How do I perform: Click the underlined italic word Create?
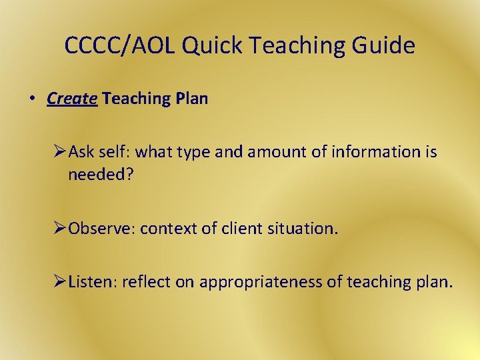73,99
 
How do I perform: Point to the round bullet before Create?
31,99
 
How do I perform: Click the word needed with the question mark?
99,175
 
